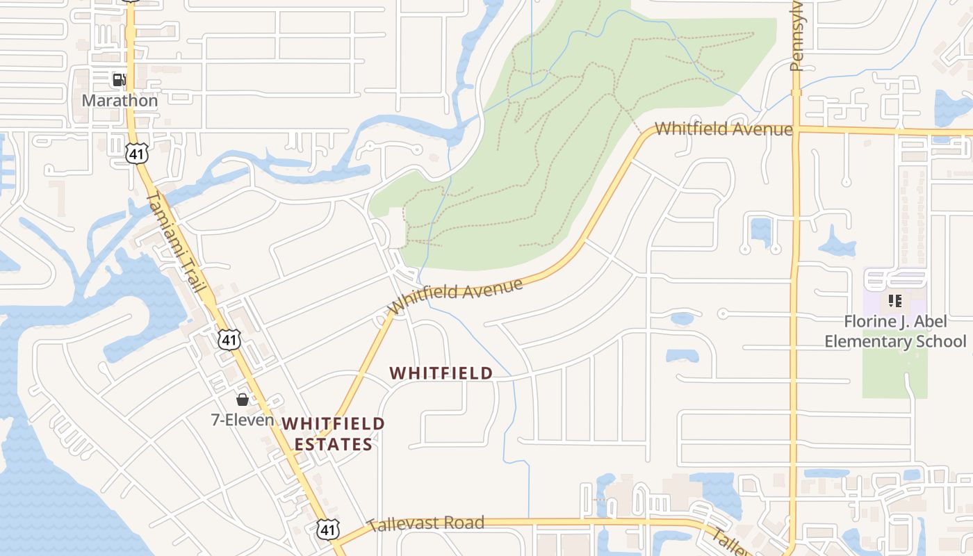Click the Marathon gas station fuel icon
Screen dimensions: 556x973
(120, 80)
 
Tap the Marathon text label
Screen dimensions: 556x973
(120, 101)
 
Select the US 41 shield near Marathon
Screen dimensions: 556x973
(137, 154)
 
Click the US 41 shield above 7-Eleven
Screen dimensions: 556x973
(229, 340)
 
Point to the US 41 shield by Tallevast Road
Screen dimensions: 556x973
(329, 530)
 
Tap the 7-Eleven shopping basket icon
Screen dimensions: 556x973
(243, 400)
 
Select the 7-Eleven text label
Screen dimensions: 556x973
(243, 420)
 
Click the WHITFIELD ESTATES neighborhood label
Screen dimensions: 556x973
(333, 434)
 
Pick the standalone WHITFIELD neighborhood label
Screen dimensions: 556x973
(441, 373)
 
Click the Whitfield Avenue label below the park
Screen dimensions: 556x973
(456, 296)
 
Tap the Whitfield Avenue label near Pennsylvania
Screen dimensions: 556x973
(723, 129)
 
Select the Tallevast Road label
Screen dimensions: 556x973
(425, 523)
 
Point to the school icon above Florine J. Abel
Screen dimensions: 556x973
(895, 301)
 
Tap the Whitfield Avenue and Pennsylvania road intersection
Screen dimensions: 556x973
(796, 129)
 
